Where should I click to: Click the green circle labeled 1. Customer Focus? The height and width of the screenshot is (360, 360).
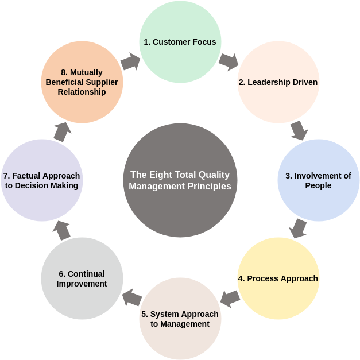click(x=180, y=42)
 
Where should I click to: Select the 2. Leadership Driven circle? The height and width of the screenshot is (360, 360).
click(x=278, y=82)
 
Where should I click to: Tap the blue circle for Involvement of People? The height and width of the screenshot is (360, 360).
click(x=318, y=180)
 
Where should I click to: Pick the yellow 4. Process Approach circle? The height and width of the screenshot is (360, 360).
click(x=278, y=278)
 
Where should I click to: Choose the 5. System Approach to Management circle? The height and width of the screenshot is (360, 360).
click(x=180, y=319)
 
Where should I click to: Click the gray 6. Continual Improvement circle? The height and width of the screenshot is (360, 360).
click(x=82, y=278)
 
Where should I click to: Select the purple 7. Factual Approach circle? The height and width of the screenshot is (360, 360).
click(x=41, y=180)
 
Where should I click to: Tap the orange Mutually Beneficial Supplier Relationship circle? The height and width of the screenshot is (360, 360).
click(x=82, y=82)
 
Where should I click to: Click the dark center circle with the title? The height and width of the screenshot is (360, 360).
click(x=180, y=180)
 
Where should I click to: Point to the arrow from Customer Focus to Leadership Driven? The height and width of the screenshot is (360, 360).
click(x=229, y=61)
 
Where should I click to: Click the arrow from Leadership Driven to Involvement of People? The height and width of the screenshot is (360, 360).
click(x=299, y=130)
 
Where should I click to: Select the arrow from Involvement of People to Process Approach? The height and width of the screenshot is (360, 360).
click(x=298, y=229)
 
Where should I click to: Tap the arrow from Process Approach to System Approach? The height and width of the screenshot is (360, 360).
click(x=230, y=298)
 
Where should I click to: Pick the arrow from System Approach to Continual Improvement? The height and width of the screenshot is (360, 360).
click(x=132, y=297)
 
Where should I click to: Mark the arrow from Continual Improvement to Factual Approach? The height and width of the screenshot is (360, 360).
click(x=61, y=230)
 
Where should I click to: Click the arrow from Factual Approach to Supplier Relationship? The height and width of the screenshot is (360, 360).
click(x=62, y=131)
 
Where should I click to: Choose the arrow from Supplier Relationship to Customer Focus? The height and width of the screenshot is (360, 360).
click(x=130, y=61)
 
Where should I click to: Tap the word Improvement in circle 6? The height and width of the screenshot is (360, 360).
click(x=82, y=284)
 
